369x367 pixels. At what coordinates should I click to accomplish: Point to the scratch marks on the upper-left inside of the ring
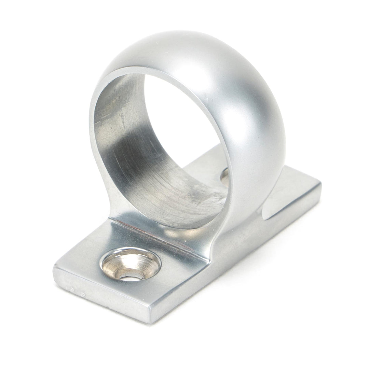(x=113, y=102)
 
